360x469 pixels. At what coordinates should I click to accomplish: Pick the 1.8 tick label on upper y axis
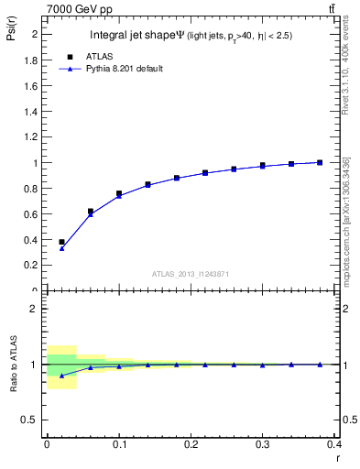tap(30, 60)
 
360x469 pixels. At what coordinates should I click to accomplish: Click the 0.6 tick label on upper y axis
tap(30, 214)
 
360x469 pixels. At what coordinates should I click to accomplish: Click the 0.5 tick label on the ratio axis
tap(30, 420)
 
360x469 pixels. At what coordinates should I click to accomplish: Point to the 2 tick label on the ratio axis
tap(34, 309)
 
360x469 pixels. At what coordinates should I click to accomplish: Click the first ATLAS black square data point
tap(61, 242)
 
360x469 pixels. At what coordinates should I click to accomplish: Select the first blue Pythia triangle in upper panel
tap(61, 248)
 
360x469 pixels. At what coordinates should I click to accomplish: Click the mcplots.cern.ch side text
tap(345, 220)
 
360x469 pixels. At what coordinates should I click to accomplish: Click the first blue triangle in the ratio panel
tap(61, 376)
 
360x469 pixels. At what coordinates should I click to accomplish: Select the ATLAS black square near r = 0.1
tap(119, 193)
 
